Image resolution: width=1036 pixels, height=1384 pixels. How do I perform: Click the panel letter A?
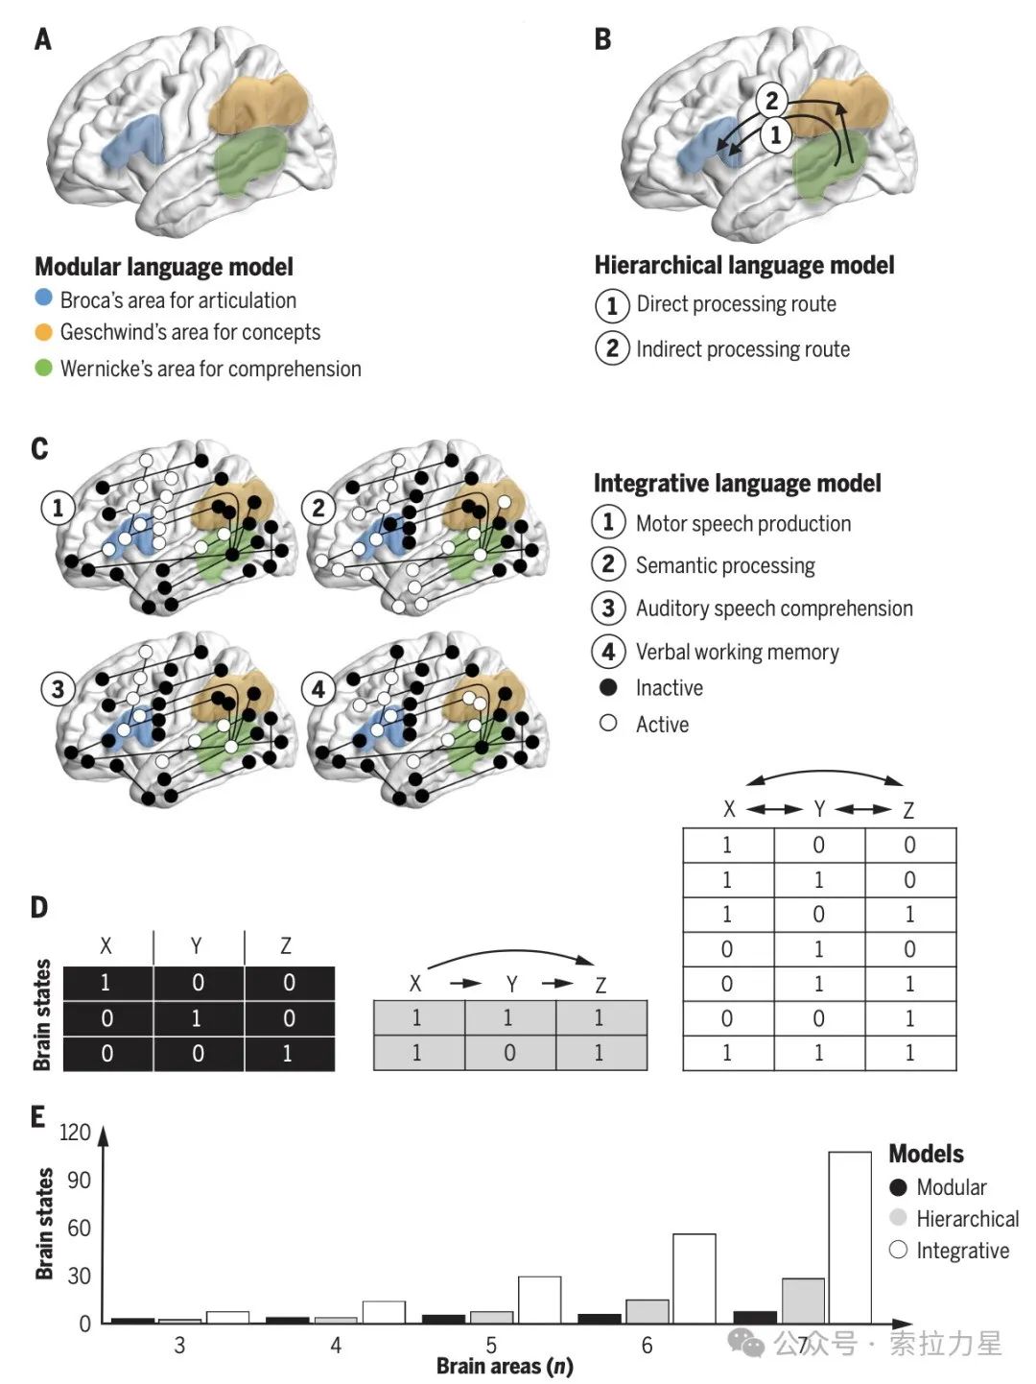pos(43,39)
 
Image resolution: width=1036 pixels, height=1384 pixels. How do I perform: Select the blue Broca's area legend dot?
pos(43,298)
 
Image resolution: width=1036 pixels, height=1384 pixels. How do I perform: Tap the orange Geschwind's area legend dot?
pos(43,332)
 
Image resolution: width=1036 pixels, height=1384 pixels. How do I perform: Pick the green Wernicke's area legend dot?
pos(43,367)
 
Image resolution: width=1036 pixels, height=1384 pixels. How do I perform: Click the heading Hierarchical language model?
pos(743,265)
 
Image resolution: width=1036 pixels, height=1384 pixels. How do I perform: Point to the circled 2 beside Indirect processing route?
pos(611,347)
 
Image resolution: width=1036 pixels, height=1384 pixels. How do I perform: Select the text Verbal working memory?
pos(737,653)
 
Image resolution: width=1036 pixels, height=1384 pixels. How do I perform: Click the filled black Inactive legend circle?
pos(608,687)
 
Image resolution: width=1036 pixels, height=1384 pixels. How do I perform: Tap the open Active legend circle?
pos(608,723)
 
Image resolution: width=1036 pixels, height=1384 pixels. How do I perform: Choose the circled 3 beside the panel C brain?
pos(59,688)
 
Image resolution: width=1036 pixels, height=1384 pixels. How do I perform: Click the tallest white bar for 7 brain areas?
pos(850,1237)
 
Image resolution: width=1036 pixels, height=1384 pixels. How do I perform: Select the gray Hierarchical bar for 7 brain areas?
pos(803,1300)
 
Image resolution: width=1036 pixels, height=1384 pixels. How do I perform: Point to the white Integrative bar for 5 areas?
pos(539,1300)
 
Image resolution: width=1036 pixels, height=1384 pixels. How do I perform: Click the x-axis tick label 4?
pos(336,1346)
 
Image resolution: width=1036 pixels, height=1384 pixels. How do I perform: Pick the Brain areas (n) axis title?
pos(505,1366)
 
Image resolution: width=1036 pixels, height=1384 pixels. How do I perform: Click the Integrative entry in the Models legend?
pos(962,1251)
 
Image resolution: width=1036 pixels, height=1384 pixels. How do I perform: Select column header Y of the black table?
pos(197,946)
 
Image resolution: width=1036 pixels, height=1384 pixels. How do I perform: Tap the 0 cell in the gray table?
pos(509,1053)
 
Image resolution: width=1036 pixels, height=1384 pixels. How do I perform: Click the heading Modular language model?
pos(164,267)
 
